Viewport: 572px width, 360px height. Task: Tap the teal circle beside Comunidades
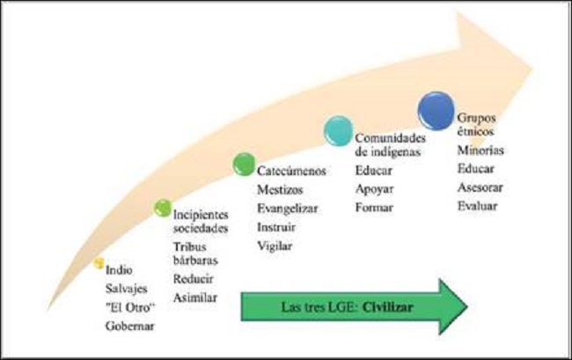pyautogui.click(x=339, y=130)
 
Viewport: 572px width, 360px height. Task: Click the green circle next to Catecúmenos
pyautogui.click(x=244, y=164)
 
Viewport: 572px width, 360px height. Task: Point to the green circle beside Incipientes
pyautogui.click(x=161, y=208)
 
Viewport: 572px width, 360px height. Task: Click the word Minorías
pyautogui.click(x=480, y=151)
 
